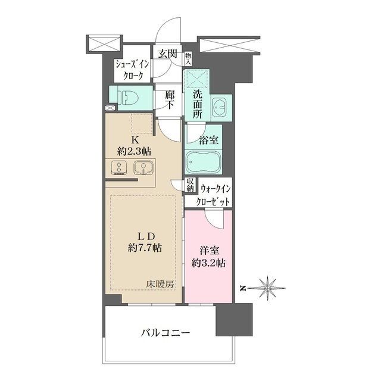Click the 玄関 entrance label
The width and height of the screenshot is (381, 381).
click(x=167, y=54)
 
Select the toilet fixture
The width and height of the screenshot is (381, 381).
click(x=127, y=96)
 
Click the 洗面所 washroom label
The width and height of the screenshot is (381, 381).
click(x=196, y=105)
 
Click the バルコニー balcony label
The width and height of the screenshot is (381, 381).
click(x=165, y=332)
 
